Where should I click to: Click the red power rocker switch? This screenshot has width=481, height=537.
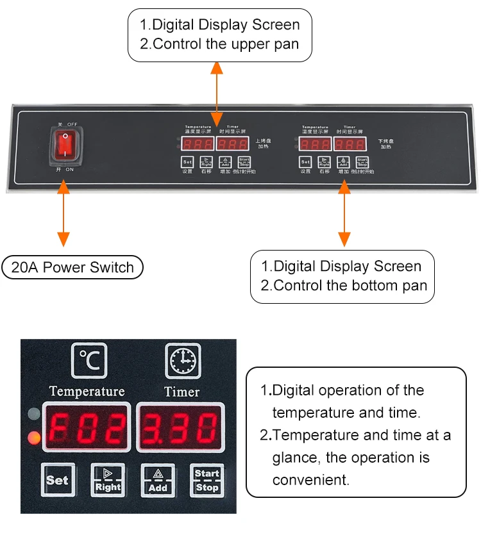tap(65, 145)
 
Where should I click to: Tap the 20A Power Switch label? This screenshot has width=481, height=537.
tap(72, 267)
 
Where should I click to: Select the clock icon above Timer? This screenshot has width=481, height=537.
tap(183, 361)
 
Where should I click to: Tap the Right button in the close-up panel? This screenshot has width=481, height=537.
tap(107, 480)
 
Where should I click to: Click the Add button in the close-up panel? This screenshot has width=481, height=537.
tap(158, 480)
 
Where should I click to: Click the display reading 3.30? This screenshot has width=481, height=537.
tap(181, 426)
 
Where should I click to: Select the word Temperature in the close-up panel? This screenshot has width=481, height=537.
tap(87, 391)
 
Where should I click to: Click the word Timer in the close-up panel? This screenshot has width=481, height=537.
tap(182, 391)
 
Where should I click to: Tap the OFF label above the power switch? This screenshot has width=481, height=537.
tap(70, 124)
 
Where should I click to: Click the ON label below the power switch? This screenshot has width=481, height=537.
tap(70, 169)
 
